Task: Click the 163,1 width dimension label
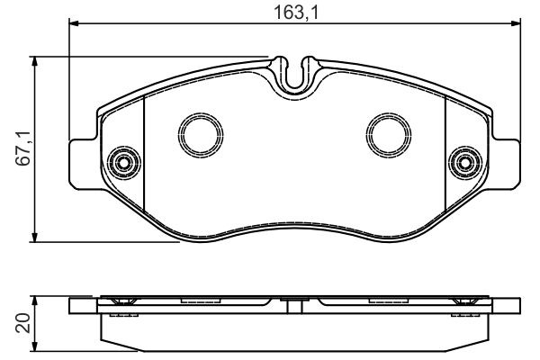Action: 296,13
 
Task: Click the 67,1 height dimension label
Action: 25,148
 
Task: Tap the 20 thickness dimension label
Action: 23,323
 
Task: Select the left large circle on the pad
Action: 201,135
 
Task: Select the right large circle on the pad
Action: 389,135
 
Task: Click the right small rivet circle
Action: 465,163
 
